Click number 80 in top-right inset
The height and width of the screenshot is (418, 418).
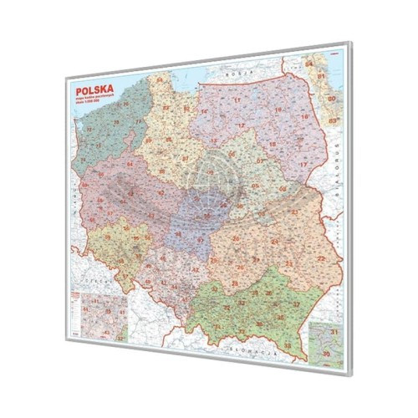click(331, 99)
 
